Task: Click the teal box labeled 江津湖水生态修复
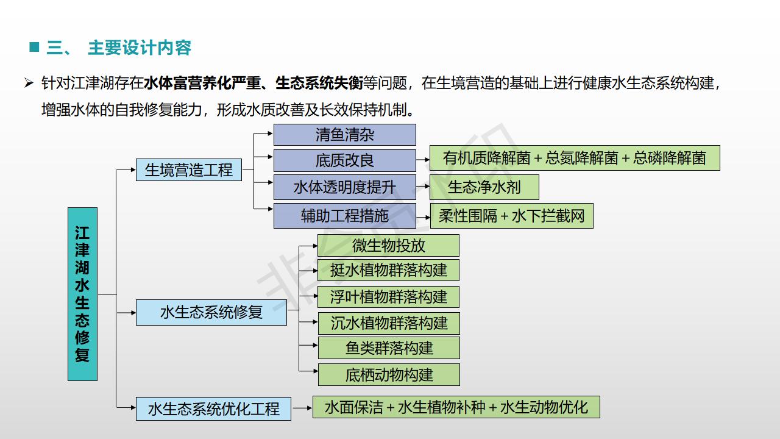(x=82, y=294)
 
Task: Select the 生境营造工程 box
(x=188, y=170)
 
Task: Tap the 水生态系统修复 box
(x=211, y=312)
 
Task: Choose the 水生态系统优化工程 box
(x=213, y=409)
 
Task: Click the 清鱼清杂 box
(x=344, y=134)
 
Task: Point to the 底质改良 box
(x=344, y=160)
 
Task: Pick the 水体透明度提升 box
(x=344, y=187)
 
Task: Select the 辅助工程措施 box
(x=344, y=216)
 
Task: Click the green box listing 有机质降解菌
(x=575, y=158)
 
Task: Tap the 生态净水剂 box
(x=484, y=187)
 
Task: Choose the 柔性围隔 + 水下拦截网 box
(x=511, y=216)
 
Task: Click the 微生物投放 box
(x=388, y=245)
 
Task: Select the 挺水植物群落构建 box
(x=388, y=270)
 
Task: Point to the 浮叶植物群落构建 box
(x=388, y=297)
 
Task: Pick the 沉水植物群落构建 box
(x=389, y=323)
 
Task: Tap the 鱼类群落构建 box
(x=389, y=348)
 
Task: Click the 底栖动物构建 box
(x=389, y=374)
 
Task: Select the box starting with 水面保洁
(x=456, y=407)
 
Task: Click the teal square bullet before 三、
(x=34, y=47)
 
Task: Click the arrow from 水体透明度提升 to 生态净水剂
(x=423, y=187)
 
